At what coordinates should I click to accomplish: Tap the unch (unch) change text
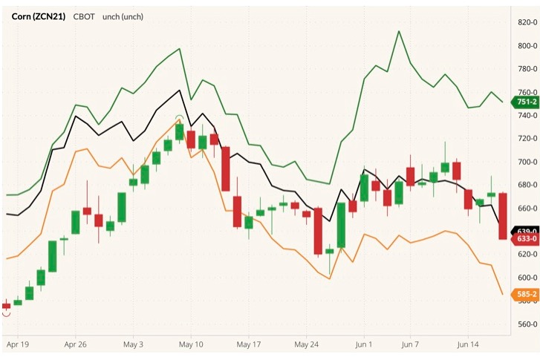(x=123, y=16)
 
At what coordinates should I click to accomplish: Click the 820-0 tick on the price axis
(x=526, y=22)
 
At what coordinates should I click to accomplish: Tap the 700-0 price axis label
(x=526, y=162)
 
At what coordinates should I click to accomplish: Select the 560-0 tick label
(x=526, y=324)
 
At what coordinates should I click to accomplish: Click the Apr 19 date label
(x=16, y=345)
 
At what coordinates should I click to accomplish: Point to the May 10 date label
(x=191, y=345)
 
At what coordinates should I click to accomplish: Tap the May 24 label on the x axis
(x=306, y=345)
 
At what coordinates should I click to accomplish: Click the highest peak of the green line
(x=399, y=31)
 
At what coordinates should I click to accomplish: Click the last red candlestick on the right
(x=503, y=216)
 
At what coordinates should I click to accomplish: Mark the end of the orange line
(x=503, y=294)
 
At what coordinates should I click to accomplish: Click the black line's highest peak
(x=180, y=90)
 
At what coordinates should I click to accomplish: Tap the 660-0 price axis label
(x=526, y=209)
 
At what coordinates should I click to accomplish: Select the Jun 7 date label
(x=410, y=345)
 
